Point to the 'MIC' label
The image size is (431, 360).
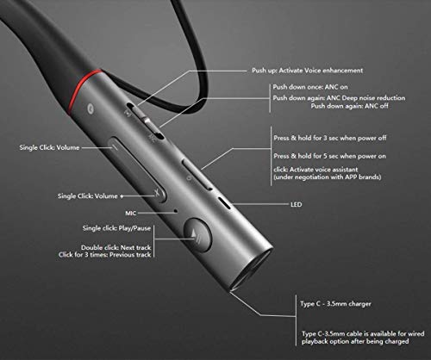(132, 211)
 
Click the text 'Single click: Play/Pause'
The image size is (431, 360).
(119, 227)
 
